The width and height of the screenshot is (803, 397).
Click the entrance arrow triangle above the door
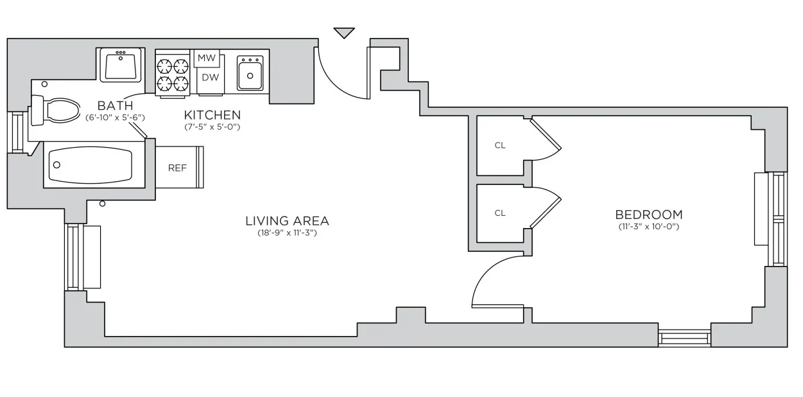tap(344, 32)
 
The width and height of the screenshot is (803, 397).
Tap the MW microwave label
tap(207, 58)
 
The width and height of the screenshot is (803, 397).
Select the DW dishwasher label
tap(210, 77)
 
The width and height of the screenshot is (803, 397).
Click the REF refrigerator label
tap(177, 168)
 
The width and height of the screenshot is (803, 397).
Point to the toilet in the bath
tap(56, 110)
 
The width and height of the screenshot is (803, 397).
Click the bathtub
tap(94, 164)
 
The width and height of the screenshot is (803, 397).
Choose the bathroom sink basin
tap(121, 65)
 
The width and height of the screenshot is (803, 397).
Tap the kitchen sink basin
tap(250, 73)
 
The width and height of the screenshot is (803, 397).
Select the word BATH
tap(115, 106)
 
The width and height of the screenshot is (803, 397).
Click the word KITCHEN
tap(212, 115)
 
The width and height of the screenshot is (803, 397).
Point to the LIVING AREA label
tap(287, 221)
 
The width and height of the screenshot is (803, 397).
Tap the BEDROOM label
tap(649, 215)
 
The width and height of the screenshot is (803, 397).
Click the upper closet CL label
tap(500, 145)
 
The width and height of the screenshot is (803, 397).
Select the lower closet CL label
tap(500, 213)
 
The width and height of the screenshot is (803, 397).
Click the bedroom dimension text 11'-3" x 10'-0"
tap(649, 227)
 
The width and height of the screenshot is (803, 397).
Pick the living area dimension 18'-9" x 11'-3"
tap(287, 233)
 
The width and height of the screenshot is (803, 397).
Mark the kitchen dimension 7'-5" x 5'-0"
tap(212, 127)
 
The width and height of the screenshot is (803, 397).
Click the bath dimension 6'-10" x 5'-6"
tap(115, 118)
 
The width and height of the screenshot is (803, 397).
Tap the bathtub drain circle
tap(56, 165)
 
